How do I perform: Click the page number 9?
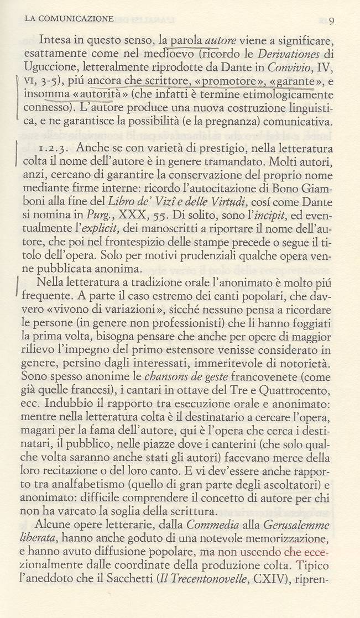[331, 21]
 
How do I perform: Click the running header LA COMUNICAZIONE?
[69, 19]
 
